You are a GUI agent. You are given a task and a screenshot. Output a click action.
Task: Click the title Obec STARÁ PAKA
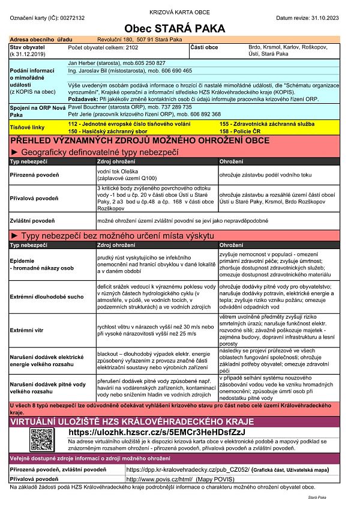pyautogui.click(x=175, y=28)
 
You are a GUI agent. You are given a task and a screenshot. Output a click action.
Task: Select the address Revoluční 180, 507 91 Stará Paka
pyautogui.click(x=139, y=38)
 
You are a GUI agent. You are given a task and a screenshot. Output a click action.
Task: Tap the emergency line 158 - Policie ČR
pyautogui.click(x=241, y=130)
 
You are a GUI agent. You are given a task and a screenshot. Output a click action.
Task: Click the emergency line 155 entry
pyautogui.click(x=258, y=122)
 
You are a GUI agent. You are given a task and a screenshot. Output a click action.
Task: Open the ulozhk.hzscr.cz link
pyautogui.click(x=158, y=432)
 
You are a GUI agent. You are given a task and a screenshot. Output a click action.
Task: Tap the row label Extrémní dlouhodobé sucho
pyautogui.click(x=45, y=297)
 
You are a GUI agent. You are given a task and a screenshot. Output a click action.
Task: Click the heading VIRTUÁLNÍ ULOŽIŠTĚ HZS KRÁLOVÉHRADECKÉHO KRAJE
pyautogui.click(x=120, y=421)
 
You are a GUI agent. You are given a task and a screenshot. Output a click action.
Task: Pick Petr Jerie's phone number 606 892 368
pyautogui.click(x=201, y=113)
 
